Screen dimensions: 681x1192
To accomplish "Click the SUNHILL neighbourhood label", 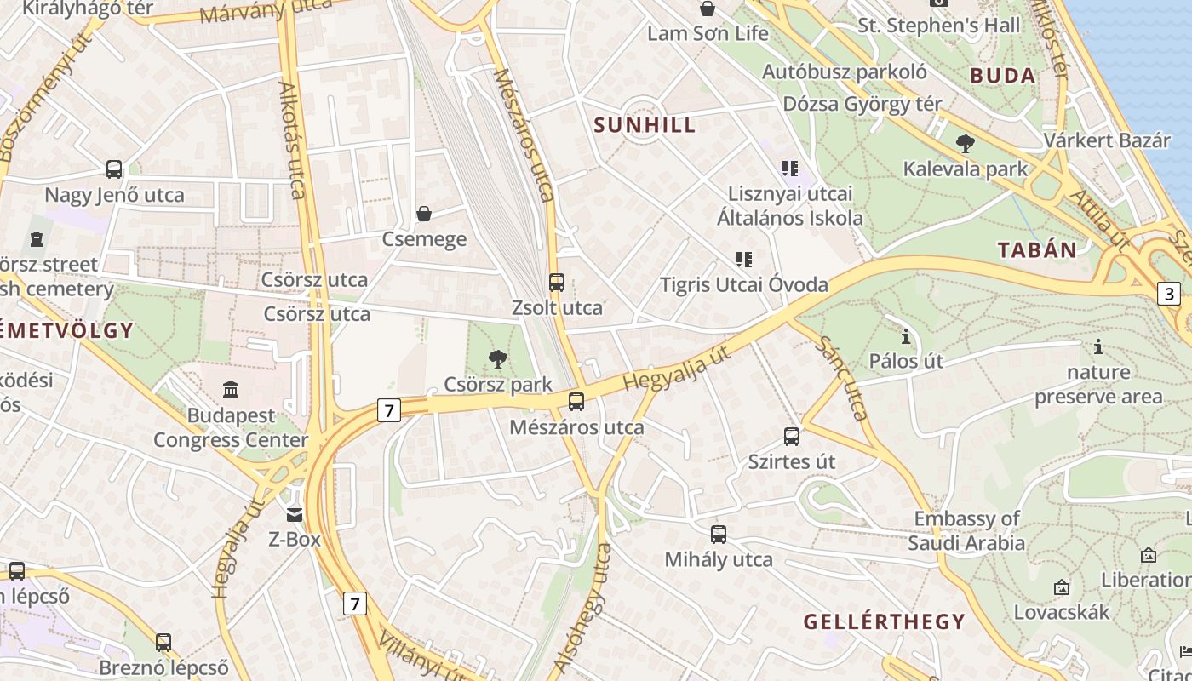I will tap(645, 125).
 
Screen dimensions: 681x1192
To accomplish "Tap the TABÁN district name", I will tap(1036, 250).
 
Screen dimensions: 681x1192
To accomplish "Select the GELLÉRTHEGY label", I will tap(884, 621).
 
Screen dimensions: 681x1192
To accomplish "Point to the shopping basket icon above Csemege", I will tap(424, 214).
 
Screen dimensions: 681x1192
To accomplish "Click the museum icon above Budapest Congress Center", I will tap(231, 390).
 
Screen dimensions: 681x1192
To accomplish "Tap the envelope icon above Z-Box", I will tap(295, 514).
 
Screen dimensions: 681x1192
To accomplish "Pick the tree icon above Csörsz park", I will tap(498, 359).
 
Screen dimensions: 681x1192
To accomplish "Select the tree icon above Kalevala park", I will tap(965, 144).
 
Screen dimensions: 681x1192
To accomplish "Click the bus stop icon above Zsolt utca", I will tap(557, 282).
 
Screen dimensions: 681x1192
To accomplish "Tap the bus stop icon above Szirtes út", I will tap(792, 437).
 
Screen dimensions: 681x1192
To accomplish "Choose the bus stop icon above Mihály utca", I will tap(719, 535).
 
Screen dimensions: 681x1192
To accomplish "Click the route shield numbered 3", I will tap(1168, 295).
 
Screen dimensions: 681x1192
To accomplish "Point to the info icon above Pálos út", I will tap(906, 337).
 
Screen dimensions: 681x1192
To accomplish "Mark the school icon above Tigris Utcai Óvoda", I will tap(744, 259).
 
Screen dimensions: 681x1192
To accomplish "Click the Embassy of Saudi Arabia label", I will tap(966, 530).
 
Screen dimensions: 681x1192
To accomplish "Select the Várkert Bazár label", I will tap(1107, 140).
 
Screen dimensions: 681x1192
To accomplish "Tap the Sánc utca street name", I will tap(843, 378).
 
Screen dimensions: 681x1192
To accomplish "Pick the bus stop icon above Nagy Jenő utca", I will tap(114, 169).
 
